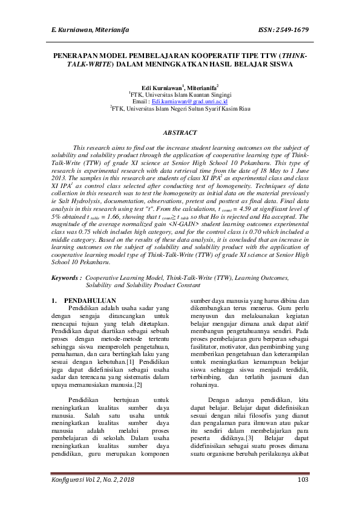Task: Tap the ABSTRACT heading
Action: coord(180,132)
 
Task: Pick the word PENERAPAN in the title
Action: coord(74,54)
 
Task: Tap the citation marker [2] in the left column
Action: coord(138,384)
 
